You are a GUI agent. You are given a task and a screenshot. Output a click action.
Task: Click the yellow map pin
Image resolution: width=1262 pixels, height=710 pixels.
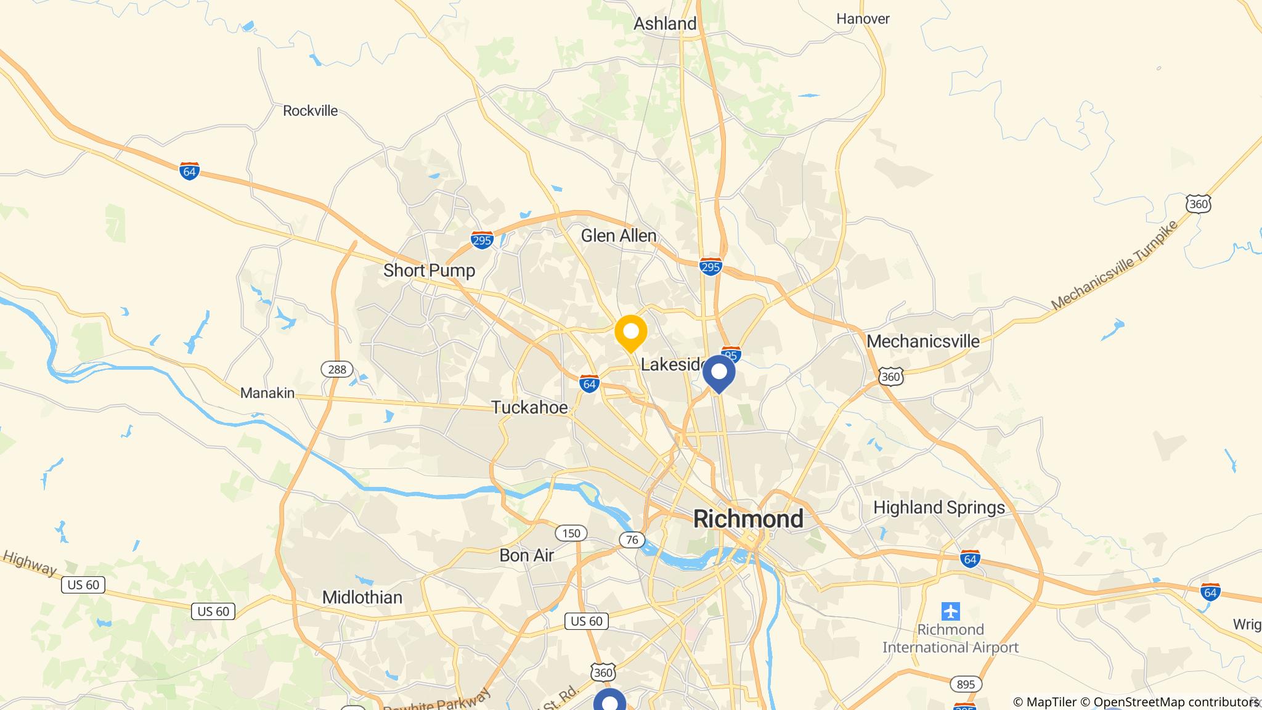pyautogui.click(x=630, y=333)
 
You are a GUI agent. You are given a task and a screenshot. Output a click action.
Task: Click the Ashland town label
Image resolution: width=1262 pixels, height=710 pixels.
pyautogui.click(x=665, y=24)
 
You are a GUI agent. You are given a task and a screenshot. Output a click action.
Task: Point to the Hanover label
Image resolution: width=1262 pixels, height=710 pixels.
pyautogui.click(x=863, y=19)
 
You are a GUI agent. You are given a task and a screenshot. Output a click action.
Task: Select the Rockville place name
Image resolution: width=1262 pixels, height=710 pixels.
pyautogui.click(x=310, y=111)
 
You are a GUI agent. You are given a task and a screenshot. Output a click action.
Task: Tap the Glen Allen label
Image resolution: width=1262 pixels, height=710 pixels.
pyautogui.click(x=618, y=236)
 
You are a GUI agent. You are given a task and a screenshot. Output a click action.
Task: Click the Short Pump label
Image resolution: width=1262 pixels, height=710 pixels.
pyautogui.click(x=429, y=271)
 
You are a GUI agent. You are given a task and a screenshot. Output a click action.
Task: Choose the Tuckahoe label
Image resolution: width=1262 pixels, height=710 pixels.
pyautogui.click(x=529, y=407)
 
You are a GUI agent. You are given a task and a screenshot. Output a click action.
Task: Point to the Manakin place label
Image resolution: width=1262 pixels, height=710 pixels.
pyautogui.click(x=267, y=393)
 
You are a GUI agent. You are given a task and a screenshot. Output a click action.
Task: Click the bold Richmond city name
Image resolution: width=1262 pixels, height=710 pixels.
pyautogui.click(x=748, y=519)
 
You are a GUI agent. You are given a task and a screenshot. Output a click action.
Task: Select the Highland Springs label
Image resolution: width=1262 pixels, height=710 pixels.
pyautogui.click(x=938, y=508)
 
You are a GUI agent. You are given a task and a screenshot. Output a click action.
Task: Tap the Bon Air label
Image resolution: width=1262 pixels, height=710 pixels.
pyautogui.click(x=526, y=555)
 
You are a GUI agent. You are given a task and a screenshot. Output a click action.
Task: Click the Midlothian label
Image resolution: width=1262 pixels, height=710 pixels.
pyautogui.click(x=362, y=597)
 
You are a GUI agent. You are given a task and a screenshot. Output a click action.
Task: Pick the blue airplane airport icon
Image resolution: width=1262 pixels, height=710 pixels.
pyautogui.click(x=951, y=611)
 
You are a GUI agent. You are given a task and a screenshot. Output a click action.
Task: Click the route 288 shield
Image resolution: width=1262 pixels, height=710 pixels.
pyautogui.click(x=337, y=369)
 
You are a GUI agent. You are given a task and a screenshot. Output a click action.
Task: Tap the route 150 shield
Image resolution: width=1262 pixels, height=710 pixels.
pyautogui.click(x=571, y=533)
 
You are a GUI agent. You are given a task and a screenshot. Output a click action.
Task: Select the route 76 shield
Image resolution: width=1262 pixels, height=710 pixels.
pyautogui.click(x=632, y=541)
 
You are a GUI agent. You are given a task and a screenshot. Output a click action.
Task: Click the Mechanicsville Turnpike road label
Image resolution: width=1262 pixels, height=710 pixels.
pyautogui.click(x=1114, y=264)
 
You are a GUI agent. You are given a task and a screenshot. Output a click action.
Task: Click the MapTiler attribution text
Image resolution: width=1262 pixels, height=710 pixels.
pyautogui.click(x=1045, y=702)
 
